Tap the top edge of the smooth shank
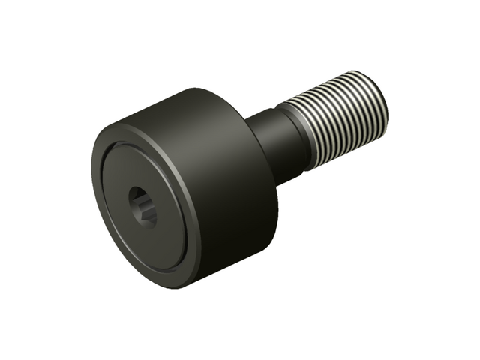point(266,111)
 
